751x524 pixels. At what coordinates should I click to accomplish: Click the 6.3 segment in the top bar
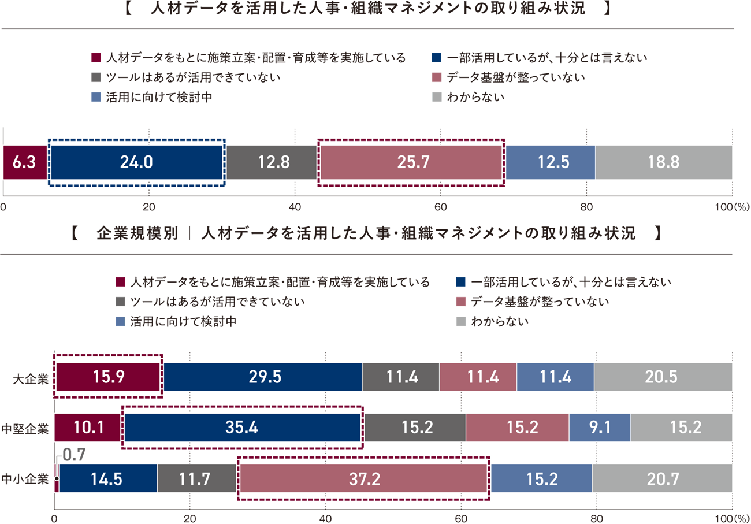coord(24,162)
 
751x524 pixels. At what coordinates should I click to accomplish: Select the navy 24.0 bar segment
coord(136,162)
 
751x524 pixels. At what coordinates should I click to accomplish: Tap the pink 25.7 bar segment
coord(411,162)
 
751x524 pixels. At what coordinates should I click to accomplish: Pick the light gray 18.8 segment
coord(664,162)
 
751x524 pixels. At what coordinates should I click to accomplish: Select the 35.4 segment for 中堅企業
coord(243,428)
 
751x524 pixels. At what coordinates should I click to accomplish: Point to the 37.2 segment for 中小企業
coord(364,478)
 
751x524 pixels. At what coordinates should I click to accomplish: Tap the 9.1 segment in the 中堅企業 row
coord(600,428)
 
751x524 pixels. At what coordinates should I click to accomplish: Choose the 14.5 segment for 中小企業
coord(108,478)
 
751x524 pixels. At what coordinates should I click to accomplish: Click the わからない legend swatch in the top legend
coord(437,97)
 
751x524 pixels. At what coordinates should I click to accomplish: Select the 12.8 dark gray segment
coord(272,162)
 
